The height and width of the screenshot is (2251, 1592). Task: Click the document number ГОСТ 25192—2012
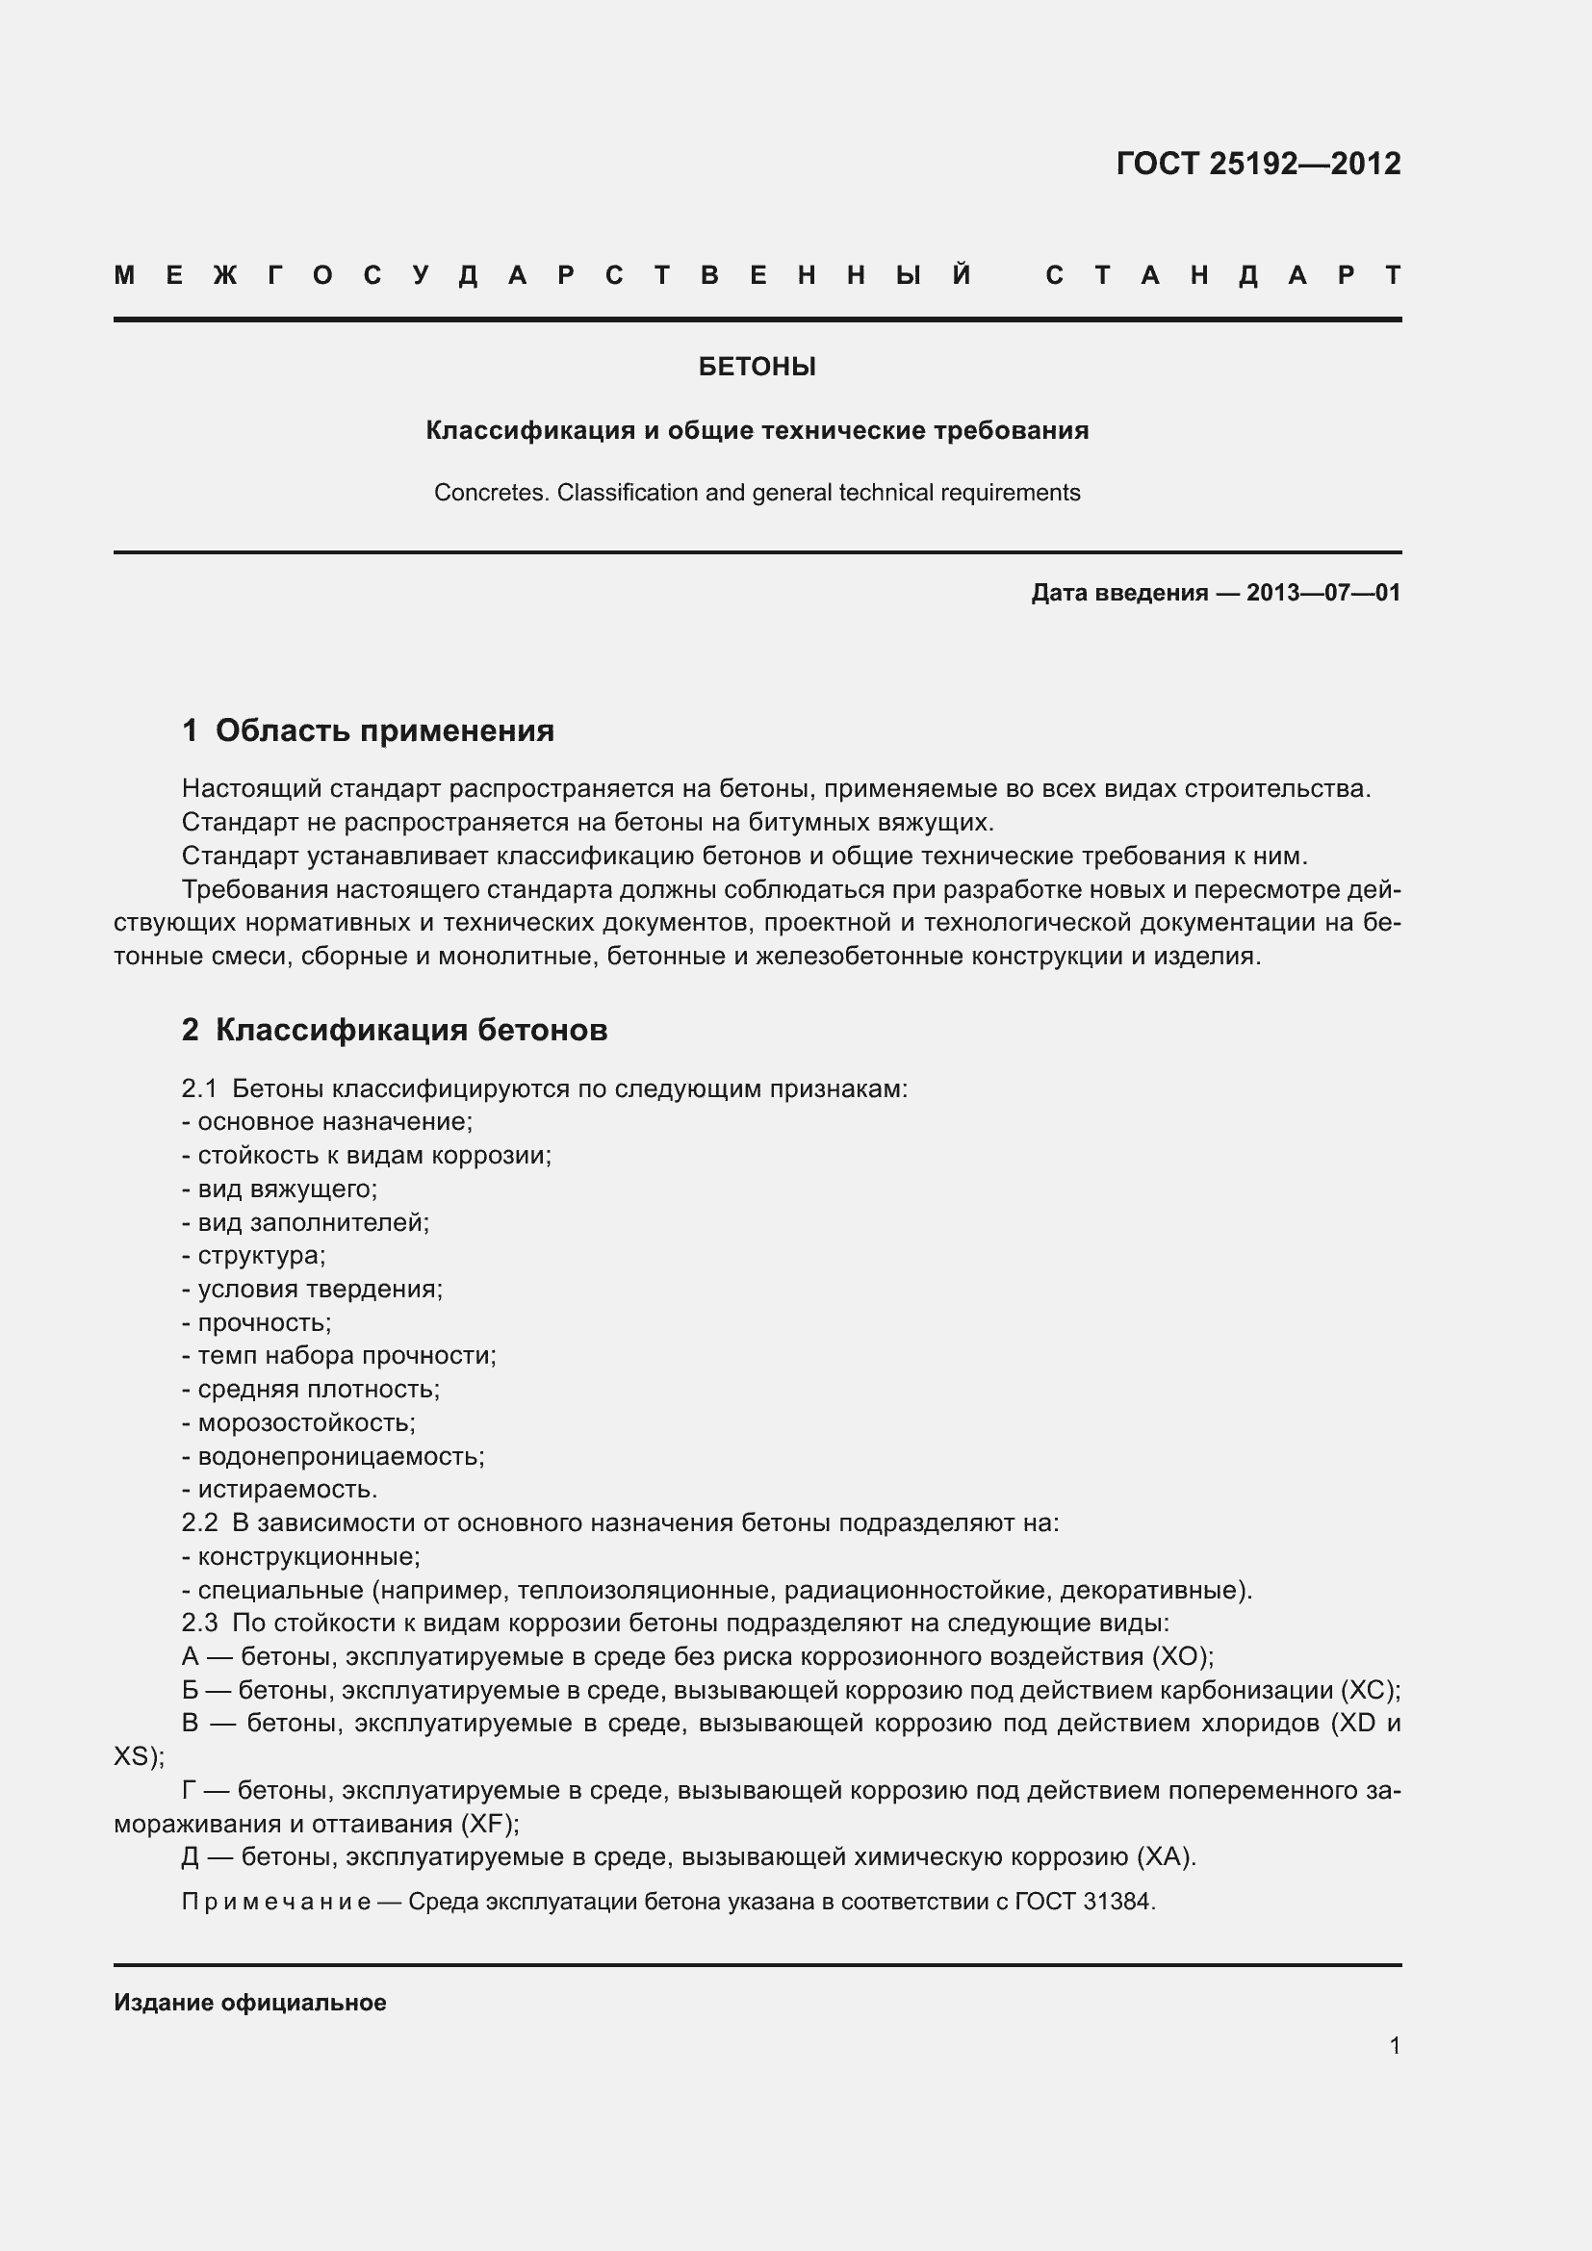pos(1258,163)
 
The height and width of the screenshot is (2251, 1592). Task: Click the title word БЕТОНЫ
pos(757,367)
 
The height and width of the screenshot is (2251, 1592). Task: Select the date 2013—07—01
pos(1323,592)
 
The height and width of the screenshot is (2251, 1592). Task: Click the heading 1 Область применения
pos(368,730)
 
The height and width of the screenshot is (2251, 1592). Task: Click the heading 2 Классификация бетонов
pos(394,1031)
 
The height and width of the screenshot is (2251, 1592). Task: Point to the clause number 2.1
pos(199,1089)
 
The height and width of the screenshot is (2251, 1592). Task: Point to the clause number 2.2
pos(199,1522)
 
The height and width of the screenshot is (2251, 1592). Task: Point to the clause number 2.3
pos(199,1623)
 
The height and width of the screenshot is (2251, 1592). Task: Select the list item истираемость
pos(286,1489)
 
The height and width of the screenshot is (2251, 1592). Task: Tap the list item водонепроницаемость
pos(340,1456)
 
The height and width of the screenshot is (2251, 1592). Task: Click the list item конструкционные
pos(308,1556)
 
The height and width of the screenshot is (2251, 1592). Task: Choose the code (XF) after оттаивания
pos(488,1824)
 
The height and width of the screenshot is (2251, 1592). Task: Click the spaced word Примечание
pos(275,1902)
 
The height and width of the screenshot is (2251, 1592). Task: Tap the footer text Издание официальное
pos(250,2003)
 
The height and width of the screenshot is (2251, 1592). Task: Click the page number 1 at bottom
pos(1395,2045)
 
